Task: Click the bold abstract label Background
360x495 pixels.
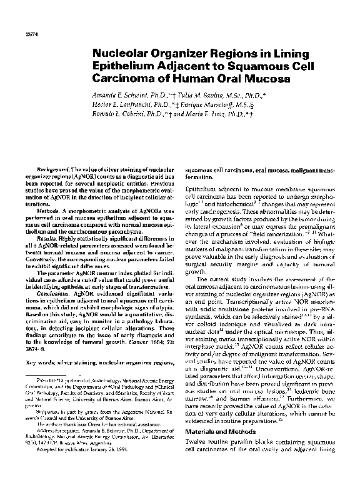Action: click(x=52, y=170)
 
